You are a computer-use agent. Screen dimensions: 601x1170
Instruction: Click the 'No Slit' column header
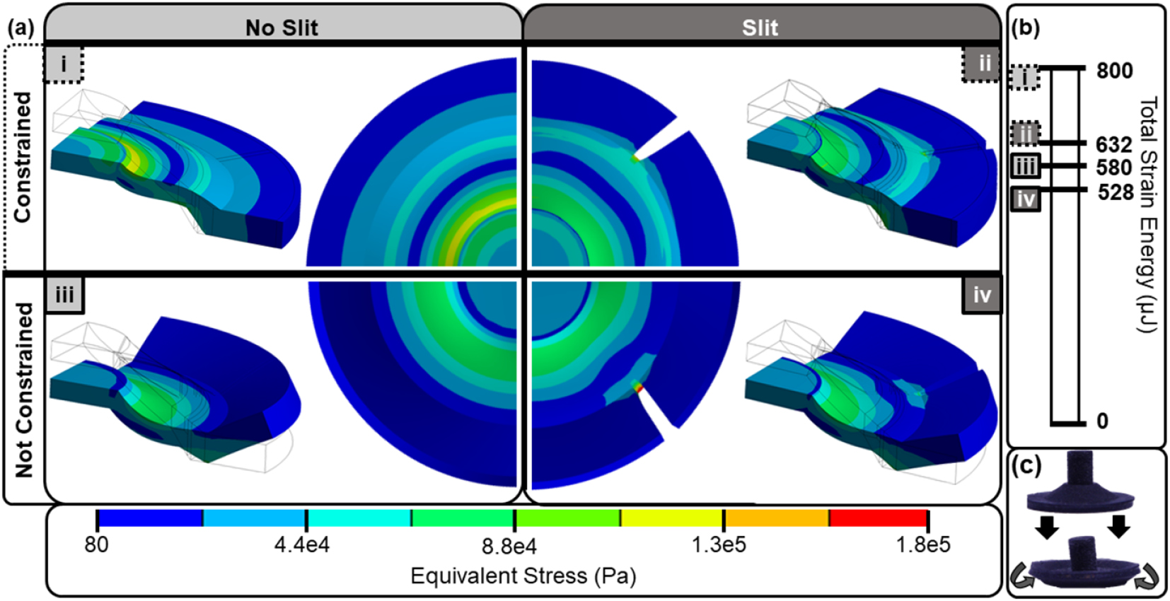point(282,28)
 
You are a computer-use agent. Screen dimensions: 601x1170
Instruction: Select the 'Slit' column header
point(760,28)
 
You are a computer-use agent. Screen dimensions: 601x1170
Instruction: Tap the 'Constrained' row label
point(23,157)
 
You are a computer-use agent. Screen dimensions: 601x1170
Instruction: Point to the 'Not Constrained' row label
point(24,390)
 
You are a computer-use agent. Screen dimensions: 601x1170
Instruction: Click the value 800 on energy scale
point(1114,71)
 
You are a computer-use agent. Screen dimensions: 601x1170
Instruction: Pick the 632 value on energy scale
point(1114,144)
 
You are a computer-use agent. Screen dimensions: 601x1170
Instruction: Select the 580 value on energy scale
point(1114,168)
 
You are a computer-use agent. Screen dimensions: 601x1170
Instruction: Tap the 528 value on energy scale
point(1116,192)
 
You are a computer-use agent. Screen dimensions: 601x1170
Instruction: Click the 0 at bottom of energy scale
point(1102,421)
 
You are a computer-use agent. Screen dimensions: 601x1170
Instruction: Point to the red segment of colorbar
point(878,518)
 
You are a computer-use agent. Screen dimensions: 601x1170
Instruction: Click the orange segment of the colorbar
point(776,518)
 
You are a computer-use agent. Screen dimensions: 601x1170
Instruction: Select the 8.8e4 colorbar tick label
point(509,546)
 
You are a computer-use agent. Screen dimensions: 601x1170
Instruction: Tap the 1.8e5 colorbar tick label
point(923,544)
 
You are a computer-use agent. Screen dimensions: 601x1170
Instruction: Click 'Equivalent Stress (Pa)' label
point(523,576)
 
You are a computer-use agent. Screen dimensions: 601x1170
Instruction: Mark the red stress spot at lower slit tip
point(639,387)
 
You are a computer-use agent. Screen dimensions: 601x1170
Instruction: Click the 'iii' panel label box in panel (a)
point(64,295)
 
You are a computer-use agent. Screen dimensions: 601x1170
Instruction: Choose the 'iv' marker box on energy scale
point(1025,199)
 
